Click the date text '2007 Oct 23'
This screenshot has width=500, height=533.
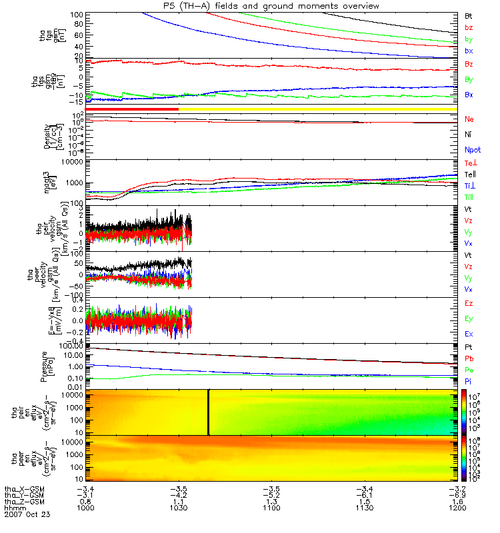click(27, 515)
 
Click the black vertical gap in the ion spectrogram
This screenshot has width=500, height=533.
click(209, 412)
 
